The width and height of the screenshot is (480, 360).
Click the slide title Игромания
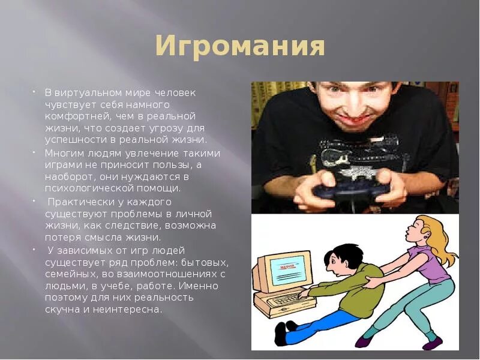(x=240, y=47)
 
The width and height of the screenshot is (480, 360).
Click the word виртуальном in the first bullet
(x=88, y=93)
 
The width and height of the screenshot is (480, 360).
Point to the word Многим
(x=62, y=152)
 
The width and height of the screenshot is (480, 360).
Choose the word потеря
(x=62, y=237)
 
